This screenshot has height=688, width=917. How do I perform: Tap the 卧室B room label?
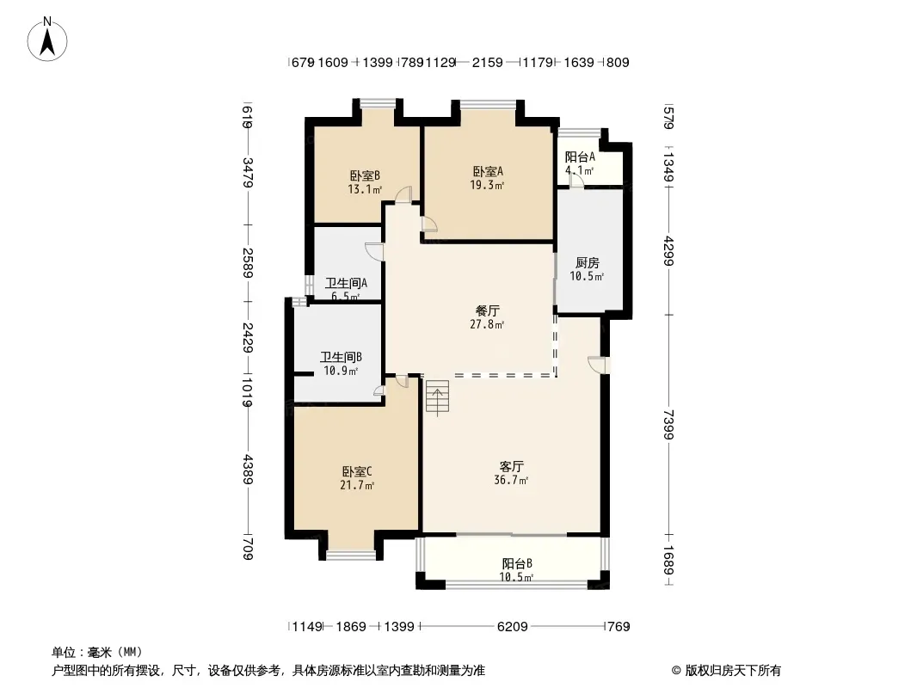[365, 175]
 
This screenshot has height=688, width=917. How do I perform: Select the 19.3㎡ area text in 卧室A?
[487, 185]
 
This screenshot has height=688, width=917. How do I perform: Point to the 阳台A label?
[580, 157]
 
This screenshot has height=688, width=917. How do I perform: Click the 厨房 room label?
[588, 263]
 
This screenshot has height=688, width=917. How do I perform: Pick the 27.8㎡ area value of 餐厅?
[487, 324]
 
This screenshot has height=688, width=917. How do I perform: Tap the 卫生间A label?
[346, 284]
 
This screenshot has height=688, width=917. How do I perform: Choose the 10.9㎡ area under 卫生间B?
[341, 371]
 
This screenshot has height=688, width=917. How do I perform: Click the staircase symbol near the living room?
[438, 397]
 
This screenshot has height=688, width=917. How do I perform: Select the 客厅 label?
[511, 466]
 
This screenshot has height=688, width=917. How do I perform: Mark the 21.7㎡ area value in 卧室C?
[357, 485]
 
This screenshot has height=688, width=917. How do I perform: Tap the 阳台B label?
[517, 564]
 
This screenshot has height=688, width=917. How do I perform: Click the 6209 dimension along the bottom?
[513, 627]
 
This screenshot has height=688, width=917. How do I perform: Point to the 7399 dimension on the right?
[669, 424]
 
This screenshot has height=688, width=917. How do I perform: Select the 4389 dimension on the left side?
[248, 470]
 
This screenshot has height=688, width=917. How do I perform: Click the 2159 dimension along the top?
[488, 63]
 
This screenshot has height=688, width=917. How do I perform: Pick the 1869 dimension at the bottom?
[351, 627]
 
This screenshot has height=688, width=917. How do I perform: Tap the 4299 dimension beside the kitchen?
[669, 251]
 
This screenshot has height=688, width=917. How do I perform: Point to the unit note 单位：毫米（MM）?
[97, 653]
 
